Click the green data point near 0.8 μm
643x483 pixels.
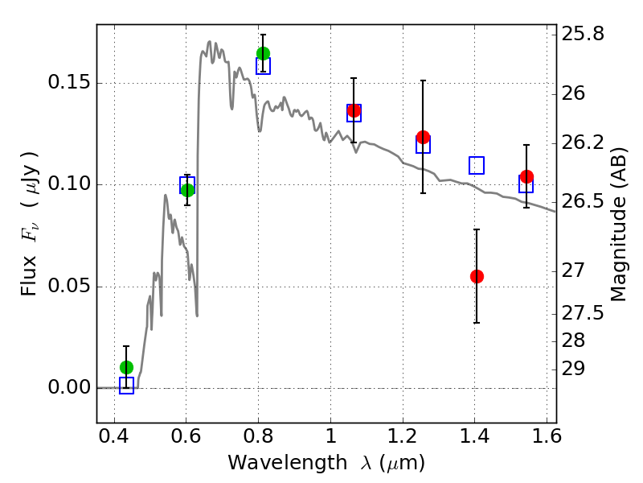(x=264, y=53)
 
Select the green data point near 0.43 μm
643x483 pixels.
(x=127, y=367)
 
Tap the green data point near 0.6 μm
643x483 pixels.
(x=187, y=190)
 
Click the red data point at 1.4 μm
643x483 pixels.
(x=477, y=276)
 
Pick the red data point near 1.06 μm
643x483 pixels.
(x=354, y=110)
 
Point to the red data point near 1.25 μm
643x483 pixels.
(x=424, y=137)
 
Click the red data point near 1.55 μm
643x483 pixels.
(x=526, y=176)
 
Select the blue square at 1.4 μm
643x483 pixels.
(x=477, y=165)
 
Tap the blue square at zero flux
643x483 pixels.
(x=126, y=386)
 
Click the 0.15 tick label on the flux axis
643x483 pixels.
(x=68, y=83)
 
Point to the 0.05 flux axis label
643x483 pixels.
(x=68, y=286)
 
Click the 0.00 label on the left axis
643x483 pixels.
(x=68, y=387)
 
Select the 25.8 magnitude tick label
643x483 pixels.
(x=582, y=34)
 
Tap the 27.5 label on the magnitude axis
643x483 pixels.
(x=582, y=313)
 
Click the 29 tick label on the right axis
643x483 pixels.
(x=573, y=369)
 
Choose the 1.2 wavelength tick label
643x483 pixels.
(x=403, y=436)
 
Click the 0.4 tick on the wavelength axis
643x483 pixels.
(x=114, y=436)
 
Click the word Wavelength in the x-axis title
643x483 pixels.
(x=288, y=463)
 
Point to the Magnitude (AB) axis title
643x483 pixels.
(x=619, y=225)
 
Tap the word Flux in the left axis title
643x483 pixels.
(x=29, y=275)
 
